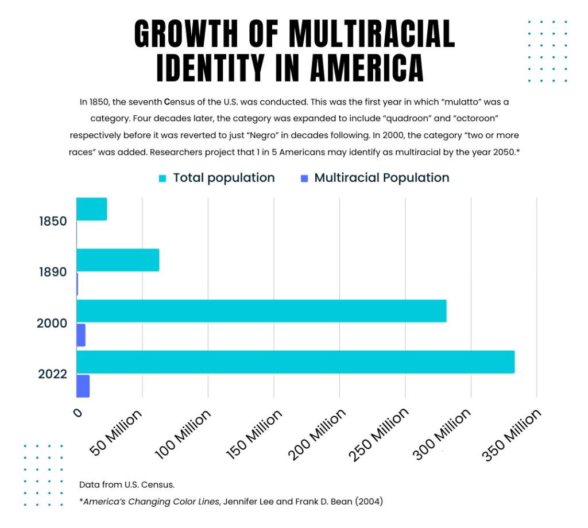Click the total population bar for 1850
pyautogui.click(x=91, y=209)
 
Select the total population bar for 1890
pyautogui.click(x=118, y=260)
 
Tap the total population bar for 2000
pyautogui.click(x=261, y=310)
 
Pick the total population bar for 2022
pyautogui.click(x=295, y=362)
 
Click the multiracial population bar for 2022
pyautogui.click(x=83, y=386)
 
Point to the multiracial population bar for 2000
pyautogui.click(x=81, y=335)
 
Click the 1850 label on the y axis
pyautogui.click(x=53, y=221)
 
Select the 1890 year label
pyautogui.click(x=53, y=272)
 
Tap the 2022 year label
pyautogui.click(x=53, y=374)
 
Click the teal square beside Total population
pyautogui.click(x=163, y=178)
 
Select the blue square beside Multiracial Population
pyautogui.click(x=304, y=178)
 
